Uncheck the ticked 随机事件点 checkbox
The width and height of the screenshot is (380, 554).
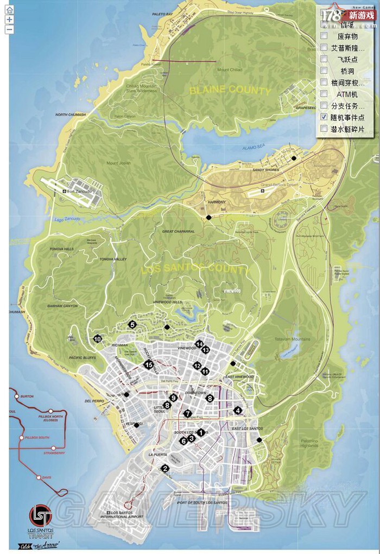click(324, 117)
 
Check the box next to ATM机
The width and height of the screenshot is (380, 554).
click(324, 94)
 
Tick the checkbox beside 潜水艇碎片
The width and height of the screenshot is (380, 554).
click(324, 129)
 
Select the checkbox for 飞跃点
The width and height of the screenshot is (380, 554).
click(324, 59)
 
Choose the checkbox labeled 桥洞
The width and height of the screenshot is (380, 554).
click(324, 71)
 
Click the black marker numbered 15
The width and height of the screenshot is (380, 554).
click(148, 364)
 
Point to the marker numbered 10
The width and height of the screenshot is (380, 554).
click(98, 339)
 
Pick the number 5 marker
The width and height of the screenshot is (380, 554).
click(132, 324)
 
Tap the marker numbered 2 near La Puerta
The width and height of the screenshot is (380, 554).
click(165, 468)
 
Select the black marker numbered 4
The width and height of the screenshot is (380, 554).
click(238, 411)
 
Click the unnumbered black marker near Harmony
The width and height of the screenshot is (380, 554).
click(208, 217)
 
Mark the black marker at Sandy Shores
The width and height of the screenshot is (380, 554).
click(294, 158)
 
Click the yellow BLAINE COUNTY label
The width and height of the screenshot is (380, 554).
click(230, 91)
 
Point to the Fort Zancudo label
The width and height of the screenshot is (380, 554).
click(79, 191)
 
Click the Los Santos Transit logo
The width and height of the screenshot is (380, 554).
click(41, 517)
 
